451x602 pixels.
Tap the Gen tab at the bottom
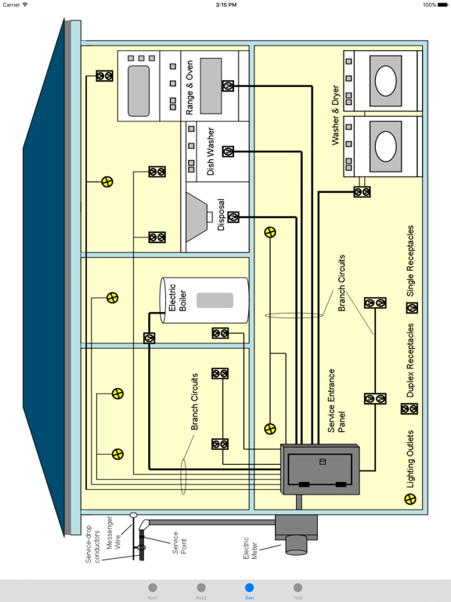(249, 590)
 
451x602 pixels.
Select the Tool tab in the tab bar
(298, 590)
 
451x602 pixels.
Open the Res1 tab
(153, 590)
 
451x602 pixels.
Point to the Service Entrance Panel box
(321, 470)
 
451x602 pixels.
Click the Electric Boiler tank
(205, 300)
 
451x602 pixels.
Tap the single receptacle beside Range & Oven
(228, 85)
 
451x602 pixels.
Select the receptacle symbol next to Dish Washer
(228, 151)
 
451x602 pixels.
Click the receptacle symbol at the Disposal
(233, 217)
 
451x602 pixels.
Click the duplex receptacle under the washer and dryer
(362, 191)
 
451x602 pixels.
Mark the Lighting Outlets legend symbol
(411, 499)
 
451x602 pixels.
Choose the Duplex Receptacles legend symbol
(410, 408)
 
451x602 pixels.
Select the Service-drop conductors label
(92, 536)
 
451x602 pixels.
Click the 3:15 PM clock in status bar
(225, 5)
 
